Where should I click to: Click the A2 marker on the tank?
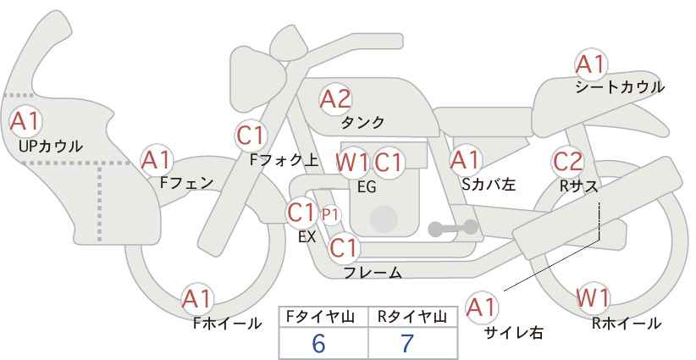pyautogui.click(x=335, y=99)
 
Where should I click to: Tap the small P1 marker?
pyautogui.click(x=330, y=215)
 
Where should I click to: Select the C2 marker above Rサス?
pyautogui.click(x=567, y=162)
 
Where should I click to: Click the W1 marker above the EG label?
pyautogui.click(x=352, y=163)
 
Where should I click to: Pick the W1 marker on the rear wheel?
pyautogui.click(x=593, y=298)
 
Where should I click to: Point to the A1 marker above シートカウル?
pyautogui.click(x=591, y=64)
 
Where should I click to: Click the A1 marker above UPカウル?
pyautogui.click(x=25, y=121)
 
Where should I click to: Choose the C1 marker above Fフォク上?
pyautogui.click(x=251, y=136)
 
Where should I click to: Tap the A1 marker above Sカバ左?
pyautogui.click(x=465, y=160)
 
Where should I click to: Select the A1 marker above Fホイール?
pyautogui.click(x=197, y=299)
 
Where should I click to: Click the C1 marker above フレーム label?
pyautogui.click(x=344, y=247)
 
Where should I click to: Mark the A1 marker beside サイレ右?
pyautogui.click(x=482, y=307)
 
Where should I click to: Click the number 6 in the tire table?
pyautogui.click(x=318, y=343)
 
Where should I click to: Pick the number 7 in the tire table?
pyautogui.click(x=407, y=343)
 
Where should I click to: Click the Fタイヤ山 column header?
pyautogui.click(x=320, y=317)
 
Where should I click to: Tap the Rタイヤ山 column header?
pyautogui.click(x=412, y=317)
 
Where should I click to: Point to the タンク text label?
pyautogui.click(x=362, y=123)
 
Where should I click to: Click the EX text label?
pyautogui.click(x=307, y=237)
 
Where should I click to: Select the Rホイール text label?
pyautogui.click(x=627, y=324)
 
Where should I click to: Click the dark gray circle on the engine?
pyautogui.click(x=384, y=219)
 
